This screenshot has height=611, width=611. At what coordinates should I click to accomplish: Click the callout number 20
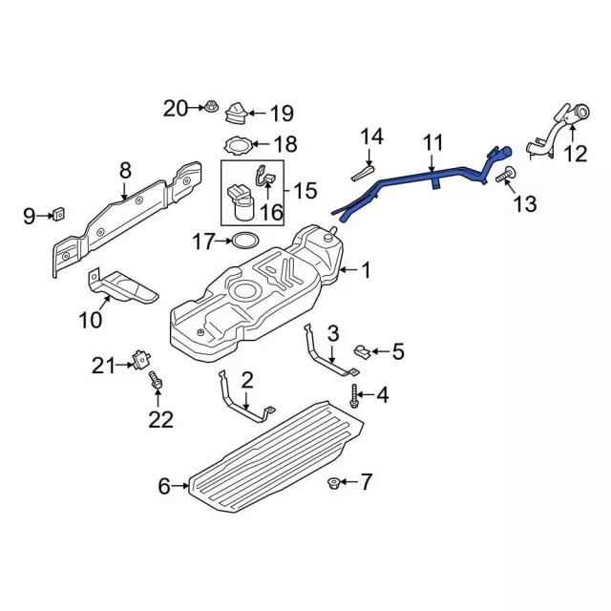pos(177,108)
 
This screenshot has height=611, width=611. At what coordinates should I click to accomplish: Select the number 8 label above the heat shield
pos(125,171)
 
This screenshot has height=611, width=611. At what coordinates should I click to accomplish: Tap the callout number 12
pos(576,153)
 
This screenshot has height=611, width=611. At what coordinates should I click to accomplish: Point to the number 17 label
pos(204,242)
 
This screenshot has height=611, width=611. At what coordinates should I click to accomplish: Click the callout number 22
pos(162,417)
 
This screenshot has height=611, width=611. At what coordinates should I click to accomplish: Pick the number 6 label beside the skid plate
pos(164,487)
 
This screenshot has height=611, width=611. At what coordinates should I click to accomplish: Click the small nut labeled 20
pos(209,107)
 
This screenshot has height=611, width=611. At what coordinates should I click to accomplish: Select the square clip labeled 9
pos(56,215)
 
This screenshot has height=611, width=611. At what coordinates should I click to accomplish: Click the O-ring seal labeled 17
pos(245,240)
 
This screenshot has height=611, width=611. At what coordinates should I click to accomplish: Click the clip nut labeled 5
pos(363,352)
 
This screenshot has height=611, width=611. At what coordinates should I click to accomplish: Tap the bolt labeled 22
pos(156,384)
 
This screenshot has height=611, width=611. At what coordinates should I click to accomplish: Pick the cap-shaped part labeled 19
pos(235,117)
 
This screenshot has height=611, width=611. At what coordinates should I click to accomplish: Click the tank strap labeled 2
pos(240,400)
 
